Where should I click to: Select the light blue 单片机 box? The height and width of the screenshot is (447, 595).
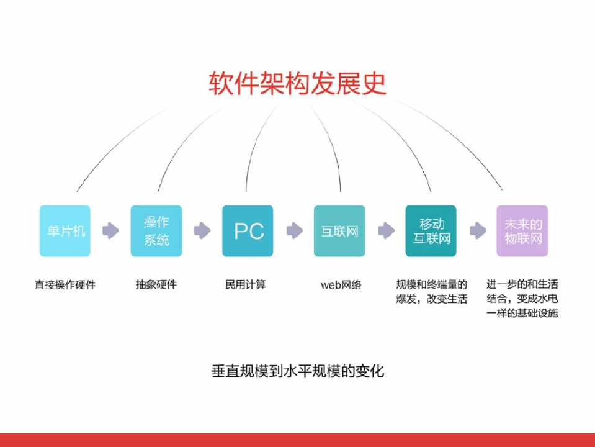pos(65,231)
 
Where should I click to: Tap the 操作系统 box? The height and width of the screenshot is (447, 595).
pos(156,231)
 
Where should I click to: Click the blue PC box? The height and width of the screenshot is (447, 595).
pos(248,231)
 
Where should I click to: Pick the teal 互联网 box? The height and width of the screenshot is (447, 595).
pos(339,231)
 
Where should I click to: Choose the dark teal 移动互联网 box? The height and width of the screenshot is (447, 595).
pos(431,231)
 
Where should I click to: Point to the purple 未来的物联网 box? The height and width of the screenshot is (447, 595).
pos(522,231)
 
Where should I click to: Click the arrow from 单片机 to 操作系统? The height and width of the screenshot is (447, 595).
pos(110,231)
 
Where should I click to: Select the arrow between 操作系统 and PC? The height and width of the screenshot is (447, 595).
pos(202,231)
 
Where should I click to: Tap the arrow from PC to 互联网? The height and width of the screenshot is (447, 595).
pos(294,231)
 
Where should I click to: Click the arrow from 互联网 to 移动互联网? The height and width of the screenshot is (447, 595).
pos(385,231)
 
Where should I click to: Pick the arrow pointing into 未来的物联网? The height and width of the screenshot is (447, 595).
pos(477,231)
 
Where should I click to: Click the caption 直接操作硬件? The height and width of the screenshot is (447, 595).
pos(65,285)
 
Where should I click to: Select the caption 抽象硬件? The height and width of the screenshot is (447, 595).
pos(156,285)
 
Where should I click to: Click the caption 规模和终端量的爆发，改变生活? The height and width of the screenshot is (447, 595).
pos(431,292)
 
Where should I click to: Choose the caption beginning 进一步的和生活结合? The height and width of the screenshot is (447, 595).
pos(522,299)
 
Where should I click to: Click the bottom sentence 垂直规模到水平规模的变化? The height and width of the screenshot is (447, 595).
pos(298,371)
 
